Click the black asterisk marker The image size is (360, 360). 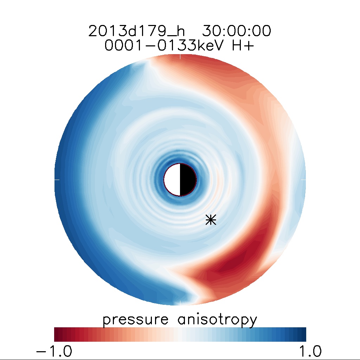tap(211, 220)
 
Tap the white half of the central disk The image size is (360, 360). tap(172, 180)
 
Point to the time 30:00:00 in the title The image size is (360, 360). tap(236, 32)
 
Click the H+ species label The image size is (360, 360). tap(242, 46)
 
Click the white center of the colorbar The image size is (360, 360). tap(180, 334)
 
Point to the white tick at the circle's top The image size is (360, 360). tap(180, 57)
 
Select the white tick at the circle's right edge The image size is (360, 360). tap(303, 180)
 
